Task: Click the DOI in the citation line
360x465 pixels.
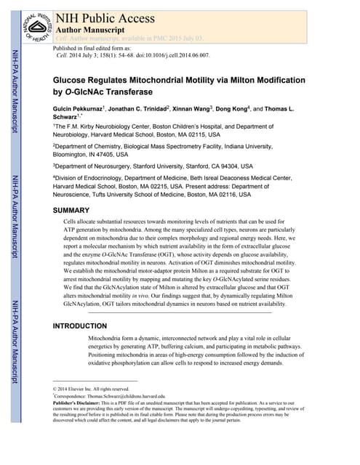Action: click(169, 54)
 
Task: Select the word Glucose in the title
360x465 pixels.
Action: click(76, 81)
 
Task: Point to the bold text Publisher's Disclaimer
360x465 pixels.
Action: click(82, 404)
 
